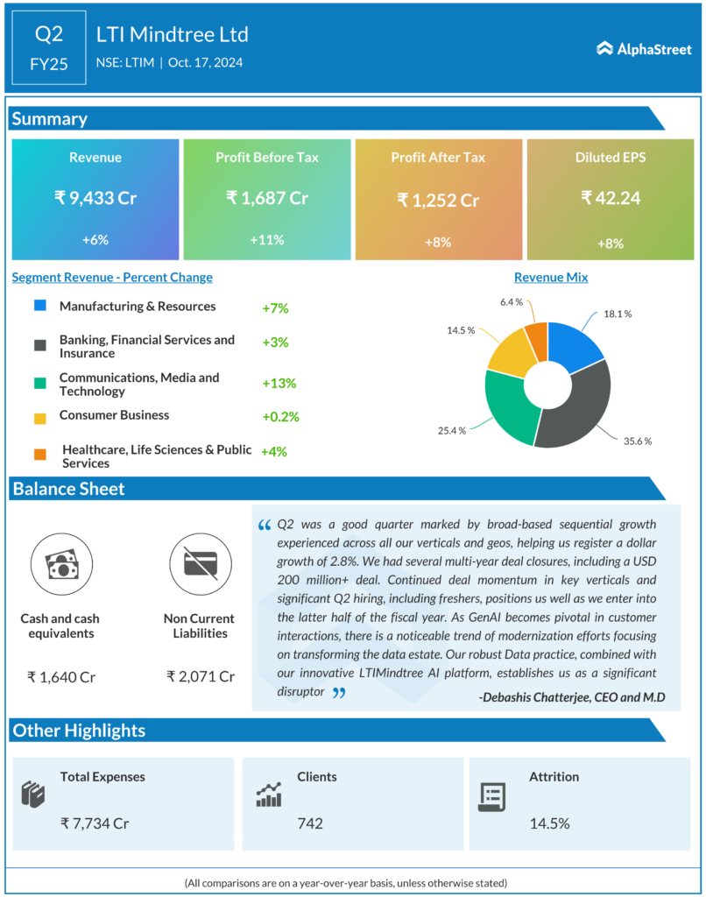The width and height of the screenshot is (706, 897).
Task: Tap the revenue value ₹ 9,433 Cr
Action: pos(95,198)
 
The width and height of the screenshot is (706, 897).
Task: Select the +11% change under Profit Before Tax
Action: pos(267,239)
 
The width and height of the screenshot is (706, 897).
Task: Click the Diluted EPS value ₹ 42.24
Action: pos(611,198)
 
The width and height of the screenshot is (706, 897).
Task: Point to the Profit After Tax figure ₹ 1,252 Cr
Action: pos(438,201)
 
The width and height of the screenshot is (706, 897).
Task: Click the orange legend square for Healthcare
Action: pos(40,454)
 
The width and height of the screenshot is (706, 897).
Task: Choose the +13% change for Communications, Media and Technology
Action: pos(279,384)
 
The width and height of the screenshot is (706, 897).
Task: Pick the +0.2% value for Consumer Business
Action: pos(280,417)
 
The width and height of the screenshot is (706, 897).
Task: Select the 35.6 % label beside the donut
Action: pos(638,441)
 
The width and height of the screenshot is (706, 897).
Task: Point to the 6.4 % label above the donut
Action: pos(512,302)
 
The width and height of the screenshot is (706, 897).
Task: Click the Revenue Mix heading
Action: pos(551,278)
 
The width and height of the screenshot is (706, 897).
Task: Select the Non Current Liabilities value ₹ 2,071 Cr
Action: pos(201,676)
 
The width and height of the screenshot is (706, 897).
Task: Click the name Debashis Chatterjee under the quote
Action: pos(542,697)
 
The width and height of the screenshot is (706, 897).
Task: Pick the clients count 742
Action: pos(310,823)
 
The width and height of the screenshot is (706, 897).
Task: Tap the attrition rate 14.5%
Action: pos(549,823)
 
